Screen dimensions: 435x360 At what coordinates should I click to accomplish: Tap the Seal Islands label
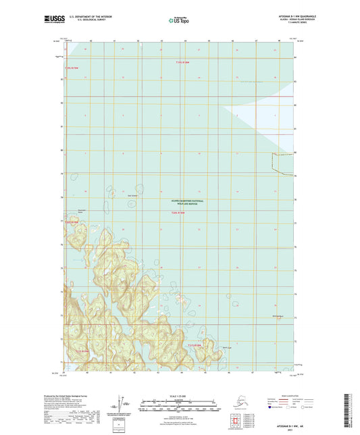[134, 197]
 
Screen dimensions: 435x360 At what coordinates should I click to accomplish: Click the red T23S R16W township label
[180, 214]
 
